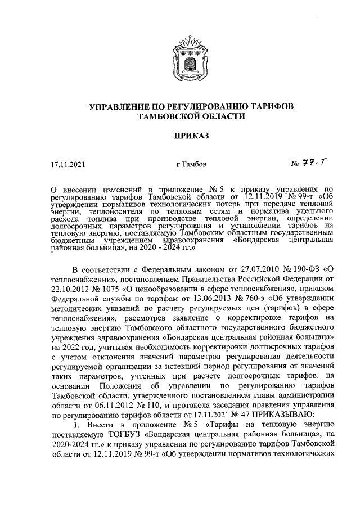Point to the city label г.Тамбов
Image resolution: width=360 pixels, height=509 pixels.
pyautogui.click(x=192, y=165)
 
